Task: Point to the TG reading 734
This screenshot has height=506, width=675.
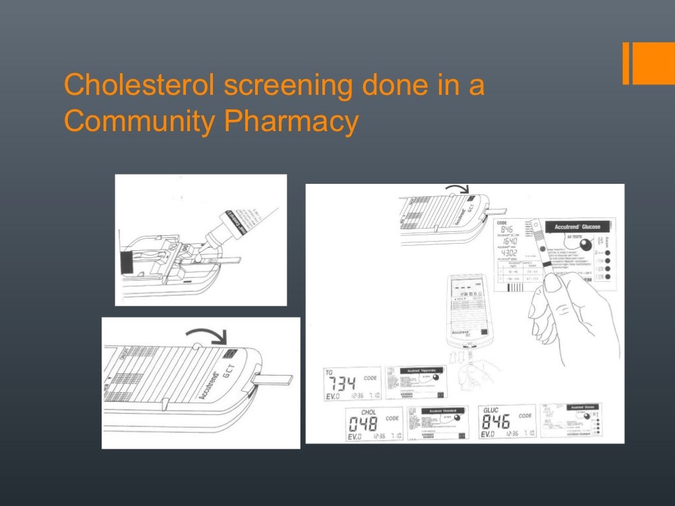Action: [x=341, y=383]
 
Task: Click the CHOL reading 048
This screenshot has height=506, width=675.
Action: [x=363, y=424]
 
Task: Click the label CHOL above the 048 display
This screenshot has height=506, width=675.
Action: [x=369, y=412]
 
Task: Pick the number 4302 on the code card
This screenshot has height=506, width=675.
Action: [x=509, y=253]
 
